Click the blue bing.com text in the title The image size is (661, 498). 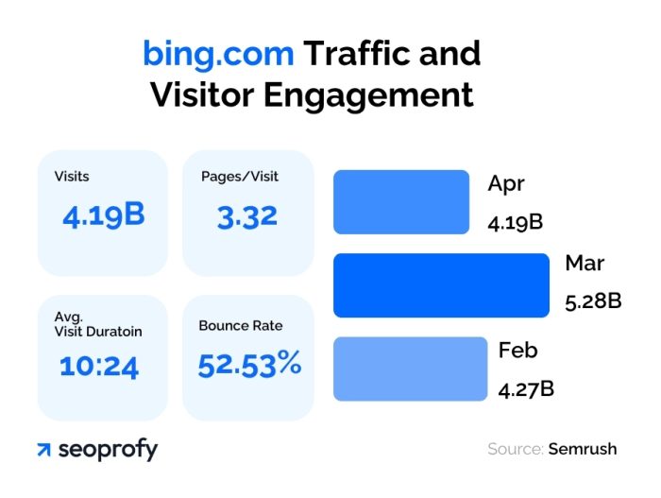point(218,53)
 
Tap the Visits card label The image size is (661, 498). point(72,177)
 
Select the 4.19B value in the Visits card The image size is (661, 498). point(104,215)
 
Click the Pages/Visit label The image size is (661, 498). point(240,177)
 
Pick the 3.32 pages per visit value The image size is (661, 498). point(247,216)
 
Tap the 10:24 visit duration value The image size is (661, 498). point(98,366)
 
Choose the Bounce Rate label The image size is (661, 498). point(240,326)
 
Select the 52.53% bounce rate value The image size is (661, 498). point(249,364)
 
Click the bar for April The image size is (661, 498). point(401,201)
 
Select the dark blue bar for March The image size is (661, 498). point(441,284)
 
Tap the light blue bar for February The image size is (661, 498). point(408,369)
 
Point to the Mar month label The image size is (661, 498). point(584,264)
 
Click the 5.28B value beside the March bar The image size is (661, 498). point(593,302)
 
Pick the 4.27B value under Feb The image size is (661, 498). point(526,388)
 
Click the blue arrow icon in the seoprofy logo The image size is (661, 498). point(43,450)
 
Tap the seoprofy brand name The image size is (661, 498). point(107,450)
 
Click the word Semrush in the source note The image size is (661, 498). point(582,449)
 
